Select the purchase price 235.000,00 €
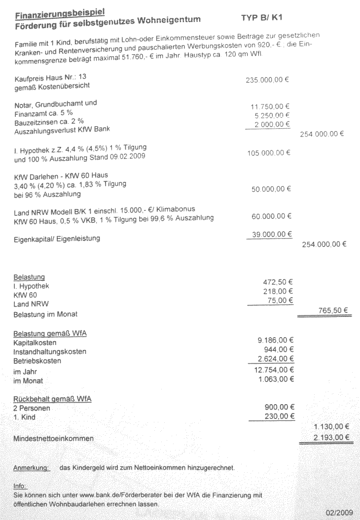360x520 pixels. click(267, 80)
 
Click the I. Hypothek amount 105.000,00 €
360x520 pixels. click(268, 153)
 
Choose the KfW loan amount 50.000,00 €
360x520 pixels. click(270, 189)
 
